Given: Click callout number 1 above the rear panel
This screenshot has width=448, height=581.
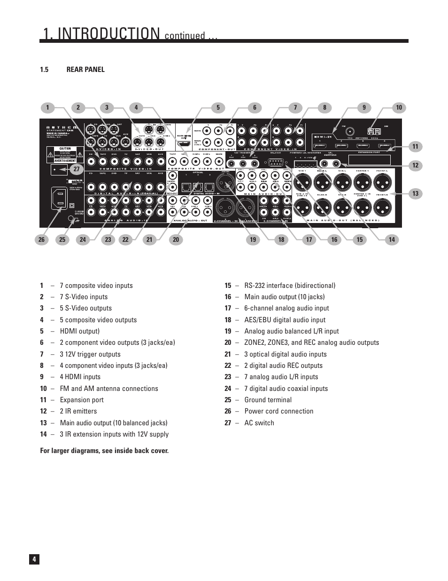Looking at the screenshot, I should [x=47, y=108].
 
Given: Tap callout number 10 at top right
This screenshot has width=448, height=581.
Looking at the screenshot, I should [x=399, y=108].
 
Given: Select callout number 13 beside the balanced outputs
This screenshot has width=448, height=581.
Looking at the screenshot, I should [x=415, y=193].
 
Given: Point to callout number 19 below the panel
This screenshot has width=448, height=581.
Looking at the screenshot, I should [x=253, y=239].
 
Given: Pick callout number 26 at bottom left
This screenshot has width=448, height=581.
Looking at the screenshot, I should [x=41, y=239].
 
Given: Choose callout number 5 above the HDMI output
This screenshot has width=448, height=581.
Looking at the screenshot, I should [x=218, y=108].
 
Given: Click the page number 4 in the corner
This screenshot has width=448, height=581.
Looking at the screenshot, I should [x=34, y=559].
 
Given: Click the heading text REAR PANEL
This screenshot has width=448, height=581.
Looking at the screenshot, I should [x=85, y=70].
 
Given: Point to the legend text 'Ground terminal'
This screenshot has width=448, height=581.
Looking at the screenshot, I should [x=268, y=400].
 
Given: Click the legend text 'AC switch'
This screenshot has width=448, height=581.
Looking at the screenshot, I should [x=259, y=423].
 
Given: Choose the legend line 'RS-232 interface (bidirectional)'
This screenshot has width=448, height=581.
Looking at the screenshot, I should [x=290, y=286].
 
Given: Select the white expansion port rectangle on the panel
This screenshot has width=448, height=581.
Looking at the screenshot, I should [x=370, y=159].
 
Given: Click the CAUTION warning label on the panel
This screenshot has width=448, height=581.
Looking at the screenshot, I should [x=65, y=149].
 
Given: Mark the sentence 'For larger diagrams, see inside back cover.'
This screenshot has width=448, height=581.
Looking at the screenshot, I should [x=104, y=451].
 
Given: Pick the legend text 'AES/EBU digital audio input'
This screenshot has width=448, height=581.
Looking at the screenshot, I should [x=285, y=320].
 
